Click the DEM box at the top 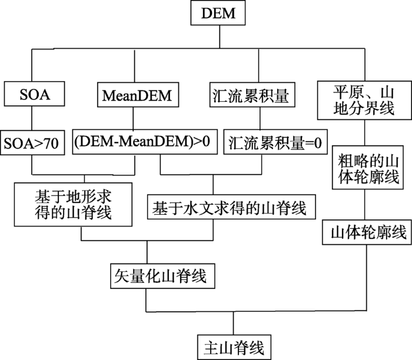pos(218,13)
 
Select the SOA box pos(34,94)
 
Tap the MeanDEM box pos(138,95)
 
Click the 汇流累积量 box pos(252,95)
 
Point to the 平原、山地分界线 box pos(364,101)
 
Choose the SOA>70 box pos(32,142)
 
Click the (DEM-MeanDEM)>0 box pos(145,142)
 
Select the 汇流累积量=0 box pos(275,142)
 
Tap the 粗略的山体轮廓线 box pos(368,168)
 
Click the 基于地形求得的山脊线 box pos(73,205)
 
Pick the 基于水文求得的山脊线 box pos(231,207)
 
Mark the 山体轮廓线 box pos(367,232)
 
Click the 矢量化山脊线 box pos(162,276)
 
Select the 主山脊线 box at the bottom pos(234,347)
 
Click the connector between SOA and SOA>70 pos(32,118)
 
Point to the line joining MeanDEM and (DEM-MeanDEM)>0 pos(133,118)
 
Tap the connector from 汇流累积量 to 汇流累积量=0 pos(260,118)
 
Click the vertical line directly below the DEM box pos(220,36)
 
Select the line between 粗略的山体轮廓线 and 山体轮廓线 pos(365,205)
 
